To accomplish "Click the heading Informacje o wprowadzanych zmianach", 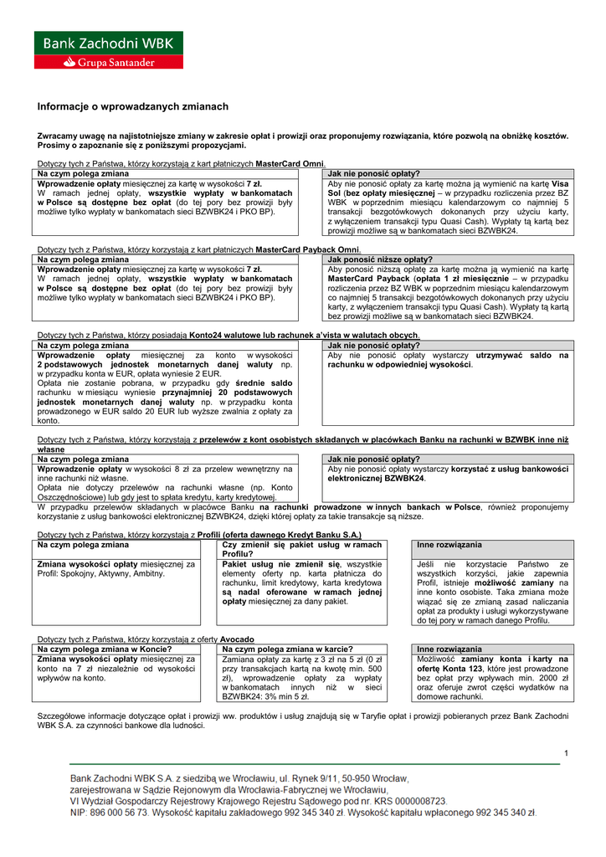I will click(x=132, y=107).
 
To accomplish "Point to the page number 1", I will click(x=566, y=755).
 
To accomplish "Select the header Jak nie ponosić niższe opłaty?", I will click(x=380, y=259).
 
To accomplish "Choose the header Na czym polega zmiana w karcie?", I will click(x=281, y=649).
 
